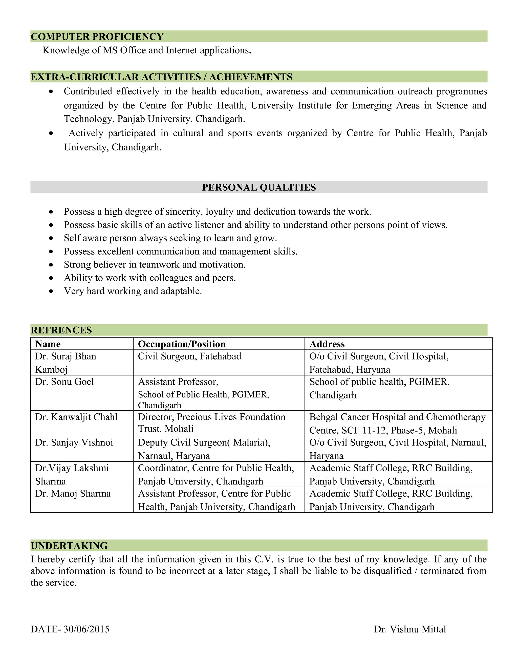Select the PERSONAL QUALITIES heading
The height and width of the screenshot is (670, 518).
coord(259,187)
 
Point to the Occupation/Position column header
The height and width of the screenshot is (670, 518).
coord(182,344)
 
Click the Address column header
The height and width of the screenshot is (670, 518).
coord(327,344)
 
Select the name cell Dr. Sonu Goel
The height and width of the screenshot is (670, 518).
coord(64,382)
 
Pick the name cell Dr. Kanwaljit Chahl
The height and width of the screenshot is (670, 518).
coord(76,417)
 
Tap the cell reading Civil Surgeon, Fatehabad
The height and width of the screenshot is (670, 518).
coord(189,356)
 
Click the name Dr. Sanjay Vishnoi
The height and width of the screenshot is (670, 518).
coord(74,442)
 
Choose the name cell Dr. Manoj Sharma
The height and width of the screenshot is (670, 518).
coord(73,493)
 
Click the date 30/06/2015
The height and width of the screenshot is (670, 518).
coord(86,629)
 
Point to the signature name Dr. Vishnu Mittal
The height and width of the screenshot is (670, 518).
coord(410,629)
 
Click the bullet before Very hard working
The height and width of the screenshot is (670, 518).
coord(51,291)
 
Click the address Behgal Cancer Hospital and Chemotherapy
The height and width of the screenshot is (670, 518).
coord(397,417)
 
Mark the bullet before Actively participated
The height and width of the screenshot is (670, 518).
coord(51,133)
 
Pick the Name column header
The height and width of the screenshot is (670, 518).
coord(48,344)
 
